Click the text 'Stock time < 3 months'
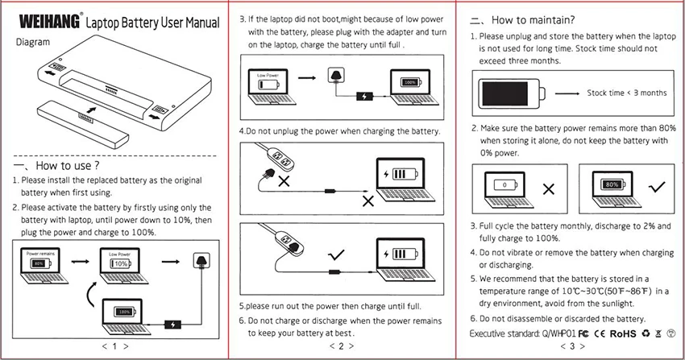[626, 93]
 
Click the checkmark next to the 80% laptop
[657, 188]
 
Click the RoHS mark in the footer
[623, 331]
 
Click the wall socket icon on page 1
[201, 261]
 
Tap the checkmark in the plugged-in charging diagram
[332, 257]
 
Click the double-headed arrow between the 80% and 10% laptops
[79, 261]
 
